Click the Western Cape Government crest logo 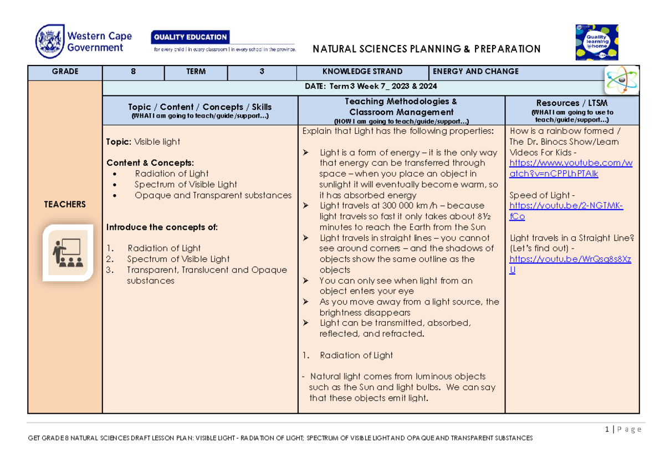coord(49,42)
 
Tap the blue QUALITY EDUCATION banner coord(190,37)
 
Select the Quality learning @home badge coord(596,42)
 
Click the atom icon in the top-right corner coord(621,80)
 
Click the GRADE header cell coord(65,72)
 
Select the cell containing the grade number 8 coord(133,72)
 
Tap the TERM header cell coord(196,72)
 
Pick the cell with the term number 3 coord(262,72)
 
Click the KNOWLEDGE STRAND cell coord(362,72)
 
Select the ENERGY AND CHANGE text coord(475,72)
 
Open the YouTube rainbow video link coord(570,169)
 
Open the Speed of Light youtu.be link coord(566,211)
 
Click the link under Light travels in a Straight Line coord(570,265)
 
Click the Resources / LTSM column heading coord(571,103)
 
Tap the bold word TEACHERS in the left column coord(65,204)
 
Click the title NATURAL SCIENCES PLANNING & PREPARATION coord(426,49)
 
